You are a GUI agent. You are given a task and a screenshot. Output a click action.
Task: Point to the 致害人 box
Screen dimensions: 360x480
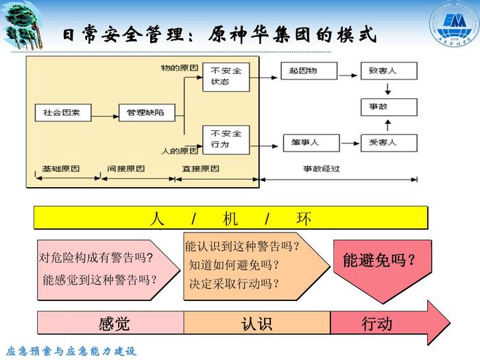pyautogui.click(x=388, y=71)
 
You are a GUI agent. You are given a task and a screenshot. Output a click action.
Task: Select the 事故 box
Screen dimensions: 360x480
pyautogui.click(x=388, y=106)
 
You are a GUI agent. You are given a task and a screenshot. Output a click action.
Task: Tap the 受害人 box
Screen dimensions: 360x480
pyautogui.click(x=388, y=143)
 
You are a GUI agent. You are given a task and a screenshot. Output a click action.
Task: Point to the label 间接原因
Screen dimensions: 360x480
pyautogui.click(x=126, y=168)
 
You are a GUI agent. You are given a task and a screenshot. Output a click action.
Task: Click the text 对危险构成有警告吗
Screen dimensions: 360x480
pyautogui.click(x=95, y=259)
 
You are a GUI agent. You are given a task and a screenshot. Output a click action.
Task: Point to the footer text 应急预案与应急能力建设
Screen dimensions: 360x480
pyautogui.click(x=71, y=351)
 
